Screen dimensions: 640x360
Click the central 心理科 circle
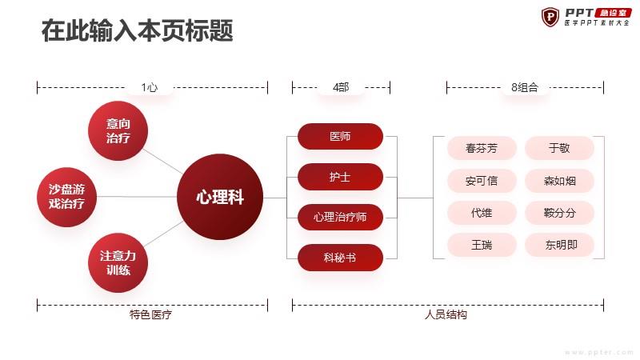220,197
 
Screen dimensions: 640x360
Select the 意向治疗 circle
118,130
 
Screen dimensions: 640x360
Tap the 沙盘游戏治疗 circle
66,197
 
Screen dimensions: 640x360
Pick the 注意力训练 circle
118,263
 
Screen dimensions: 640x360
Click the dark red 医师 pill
341,136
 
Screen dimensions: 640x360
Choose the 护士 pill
341,177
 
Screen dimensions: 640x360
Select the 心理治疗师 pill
341,217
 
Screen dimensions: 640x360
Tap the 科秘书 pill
341,258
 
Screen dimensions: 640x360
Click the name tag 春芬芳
482,148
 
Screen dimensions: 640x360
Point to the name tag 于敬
559,148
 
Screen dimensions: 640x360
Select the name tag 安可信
482,181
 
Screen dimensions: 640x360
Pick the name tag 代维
482,213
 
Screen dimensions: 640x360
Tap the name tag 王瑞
482,245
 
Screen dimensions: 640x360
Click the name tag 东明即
559,245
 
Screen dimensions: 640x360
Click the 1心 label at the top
150,87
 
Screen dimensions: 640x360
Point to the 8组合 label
525,87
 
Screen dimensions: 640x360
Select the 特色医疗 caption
150,314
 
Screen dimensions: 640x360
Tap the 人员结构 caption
446,314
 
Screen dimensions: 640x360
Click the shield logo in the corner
550,17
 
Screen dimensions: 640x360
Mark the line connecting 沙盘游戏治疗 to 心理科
137,197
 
